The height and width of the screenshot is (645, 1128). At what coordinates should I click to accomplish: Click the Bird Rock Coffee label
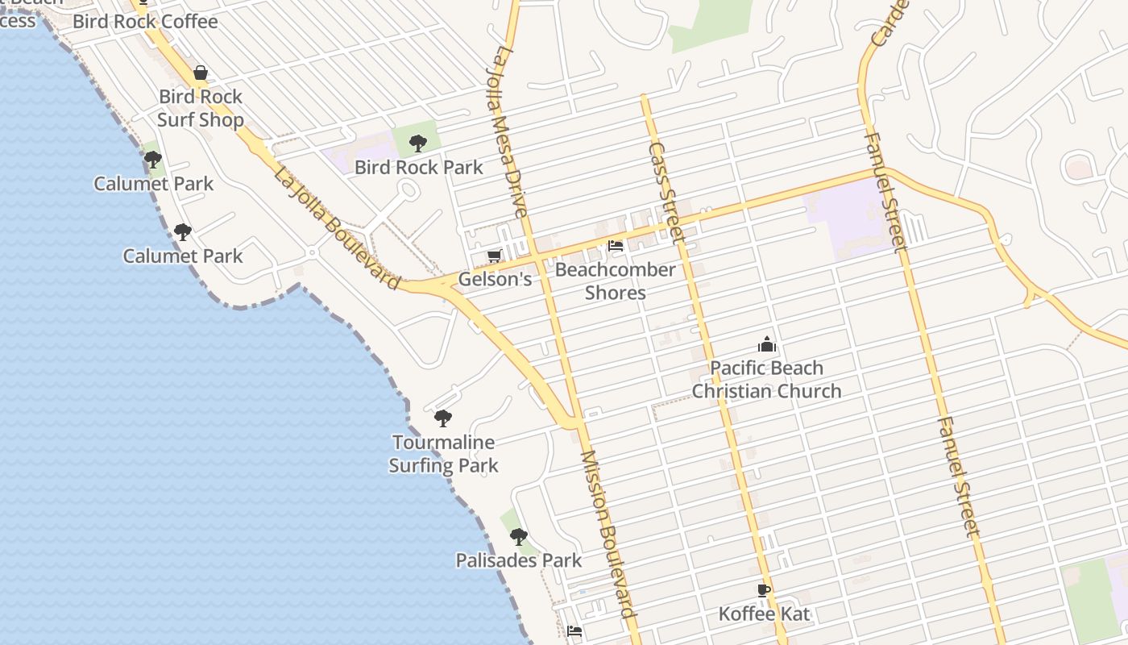[x=145, y=22]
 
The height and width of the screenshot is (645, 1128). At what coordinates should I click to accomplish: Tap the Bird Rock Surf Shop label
[x=201, y=108]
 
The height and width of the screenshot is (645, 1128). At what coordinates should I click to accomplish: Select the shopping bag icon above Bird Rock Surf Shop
[x=201, y=73]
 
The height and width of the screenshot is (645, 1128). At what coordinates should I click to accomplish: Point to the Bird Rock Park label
[x=419, y=168]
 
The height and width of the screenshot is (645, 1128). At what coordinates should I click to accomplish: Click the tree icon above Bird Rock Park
[x=417, y=144]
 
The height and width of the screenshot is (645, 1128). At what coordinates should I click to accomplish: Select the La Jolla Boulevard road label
[x=337, y=228]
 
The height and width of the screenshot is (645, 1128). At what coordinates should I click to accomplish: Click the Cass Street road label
[x=666, y=193]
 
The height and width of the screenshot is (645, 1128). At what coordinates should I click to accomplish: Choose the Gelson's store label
[x=495, y=279]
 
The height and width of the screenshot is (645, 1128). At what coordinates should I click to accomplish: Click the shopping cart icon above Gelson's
[x=494, y=256]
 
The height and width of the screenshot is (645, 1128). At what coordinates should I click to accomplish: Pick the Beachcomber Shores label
[x=616, y=281]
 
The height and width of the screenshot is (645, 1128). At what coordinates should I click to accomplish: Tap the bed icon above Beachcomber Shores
[x=616, y=246]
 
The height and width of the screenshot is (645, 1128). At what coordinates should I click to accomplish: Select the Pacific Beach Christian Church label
[x=766, y=379]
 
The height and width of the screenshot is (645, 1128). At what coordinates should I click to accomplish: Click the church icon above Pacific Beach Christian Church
[x=767, y=345]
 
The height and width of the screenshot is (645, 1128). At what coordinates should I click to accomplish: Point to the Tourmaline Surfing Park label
[x=443, y=453]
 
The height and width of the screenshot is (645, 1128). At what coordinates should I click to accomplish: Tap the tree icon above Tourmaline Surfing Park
[x=442, y=418]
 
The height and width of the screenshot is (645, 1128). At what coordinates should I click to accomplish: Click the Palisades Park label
[x=519, y=560]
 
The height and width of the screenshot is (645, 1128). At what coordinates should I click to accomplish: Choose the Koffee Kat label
[x=764, y=614]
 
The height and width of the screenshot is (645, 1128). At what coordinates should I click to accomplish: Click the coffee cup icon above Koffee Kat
[x=764, y=590]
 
